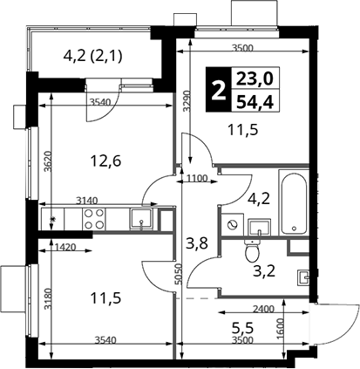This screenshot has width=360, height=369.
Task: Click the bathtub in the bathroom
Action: (293, 202)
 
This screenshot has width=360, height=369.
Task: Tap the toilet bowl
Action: (252, 250)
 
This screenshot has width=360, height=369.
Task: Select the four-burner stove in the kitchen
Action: (94, 219)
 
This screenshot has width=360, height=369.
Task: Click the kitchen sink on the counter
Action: (141, 219)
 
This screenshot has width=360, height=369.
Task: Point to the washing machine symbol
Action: (232, 225)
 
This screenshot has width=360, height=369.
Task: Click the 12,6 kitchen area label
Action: (105, 161)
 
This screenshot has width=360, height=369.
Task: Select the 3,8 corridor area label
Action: (197, 243)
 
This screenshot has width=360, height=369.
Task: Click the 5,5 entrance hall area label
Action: (242, 328)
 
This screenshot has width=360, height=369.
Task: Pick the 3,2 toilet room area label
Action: (264, 271)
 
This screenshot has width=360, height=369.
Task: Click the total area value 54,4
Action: (255, 102)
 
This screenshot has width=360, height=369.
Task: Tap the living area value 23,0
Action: (255, 79)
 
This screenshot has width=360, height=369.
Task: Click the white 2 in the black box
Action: (219, 90)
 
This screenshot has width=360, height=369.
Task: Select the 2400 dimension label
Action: (262, 309)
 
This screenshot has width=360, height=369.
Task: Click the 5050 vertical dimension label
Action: (179, 274)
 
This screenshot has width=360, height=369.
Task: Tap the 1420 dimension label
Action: (65, 248)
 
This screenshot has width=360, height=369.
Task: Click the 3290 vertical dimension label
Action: (187, 101)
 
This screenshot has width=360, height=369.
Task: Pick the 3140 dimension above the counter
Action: (87, 201)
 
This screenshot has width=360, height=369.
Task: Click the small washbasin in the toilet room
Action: (302, 277)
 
